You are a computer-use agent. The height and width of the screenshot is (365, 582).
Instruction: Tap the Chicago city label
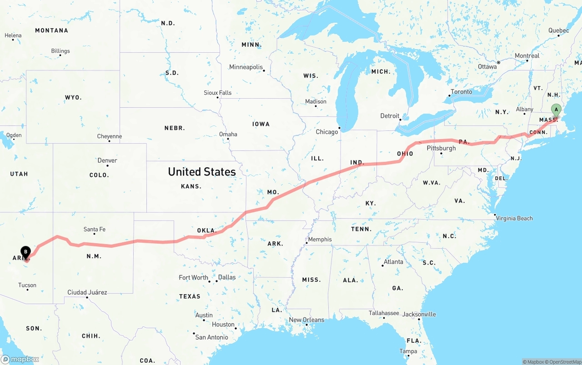click(x=327, y=132)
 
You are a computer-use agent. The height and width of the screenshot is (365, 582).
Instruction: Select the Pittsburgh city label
click(x=441, y=148)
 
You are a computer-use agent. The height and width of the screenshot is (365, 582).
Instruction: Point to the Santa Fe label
click(x=95, y=230)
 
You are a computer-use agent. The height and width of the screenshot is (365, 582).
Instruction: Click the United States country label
click(x=202, y=171)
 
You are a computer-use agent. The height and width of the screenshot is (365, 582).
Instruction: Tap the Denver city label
click(x=107, y=160)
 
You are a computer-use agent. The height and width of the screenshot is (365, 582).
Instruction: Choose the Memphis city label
click(x=320, y=240)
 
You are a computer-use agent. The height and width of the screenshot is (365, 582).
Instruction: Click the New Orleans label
click(x=306, y=320)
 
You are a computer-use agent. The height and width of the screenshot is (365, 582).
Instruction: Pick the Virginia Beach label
click(x=514, y=218)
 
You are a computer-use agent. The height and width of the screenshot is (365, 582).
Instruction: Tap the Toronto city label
click(x=461, y=92)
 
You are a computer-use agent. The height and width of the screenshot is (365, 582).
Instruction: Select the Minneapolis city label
click(x=246, y=67)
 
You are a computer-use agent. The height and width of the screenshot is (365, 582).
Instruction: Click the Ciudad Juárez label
click(x=87, y=292)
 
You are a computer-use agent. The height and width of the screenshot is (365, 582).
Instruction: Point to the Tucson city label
click(x=27, y=285)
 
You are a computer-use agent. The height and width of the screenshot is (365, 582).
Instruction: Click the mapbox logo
click(x=20, y=359)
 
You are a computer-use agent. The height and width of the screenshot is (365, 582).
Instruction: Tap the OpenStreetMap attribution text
click(x=565, y=362)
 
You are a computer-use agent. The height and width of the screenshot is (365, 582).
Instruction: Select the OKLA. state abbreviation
click(x=206, y=230)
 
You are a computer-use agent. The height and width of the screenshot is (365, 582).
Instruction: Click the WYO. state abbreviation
click(x=73, y=97)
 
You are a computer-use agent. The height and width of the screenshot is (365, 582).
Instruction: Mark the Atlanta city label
click(x=393, y=262)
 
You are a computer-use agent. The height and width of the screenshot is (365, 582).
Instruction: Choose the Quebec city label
click(x=558, y=30)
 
